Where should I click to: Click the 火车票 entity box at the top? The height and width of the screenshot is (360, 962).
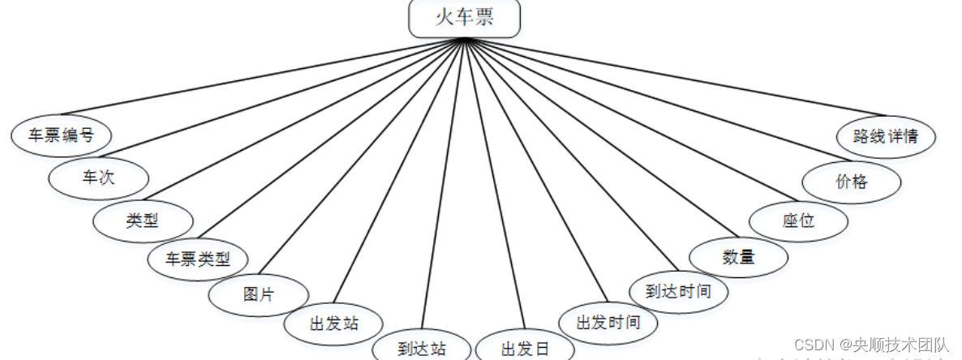[x=464, y=19]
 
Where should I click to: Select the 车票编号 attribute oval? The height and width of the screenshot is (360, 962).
[x=62, y=135]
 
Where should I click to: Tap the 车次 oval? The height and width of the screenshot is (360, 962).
[x=99, y=178]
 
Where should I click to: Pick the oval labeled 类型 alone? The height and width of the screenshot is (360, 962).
[x=143, y=220]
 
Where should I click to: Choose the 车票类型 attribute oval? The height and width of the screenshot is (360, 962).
[x=198, y=259]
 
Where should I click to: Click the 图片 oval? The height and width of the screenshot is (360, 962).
[x=259, y=294]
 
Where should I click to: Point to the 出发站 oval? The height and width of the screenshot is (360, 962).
[x=333, y=324]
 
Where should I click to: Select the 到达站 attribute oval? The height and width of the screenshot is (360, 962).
[x=422, y=349]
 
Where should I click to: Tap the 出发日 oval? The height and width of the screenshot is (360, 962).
[x=525, y=349]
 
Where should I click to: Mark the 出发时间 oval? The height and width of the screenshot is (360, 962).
[x=608, y=322]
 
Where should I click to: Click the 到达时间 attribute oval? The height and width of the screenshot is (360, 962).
[x=678, y=290]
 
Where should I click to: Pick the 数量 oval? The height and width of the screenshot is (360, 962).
[x=738, y=256]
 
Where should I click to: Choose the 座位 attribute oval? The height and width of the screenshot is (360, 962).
[x=799, y=220]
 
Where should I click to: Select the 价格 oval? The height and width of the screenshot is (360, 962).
[x=852, y=181]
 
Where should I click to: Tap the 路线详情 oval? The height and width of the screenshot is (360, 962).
[x=886, y=135]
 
